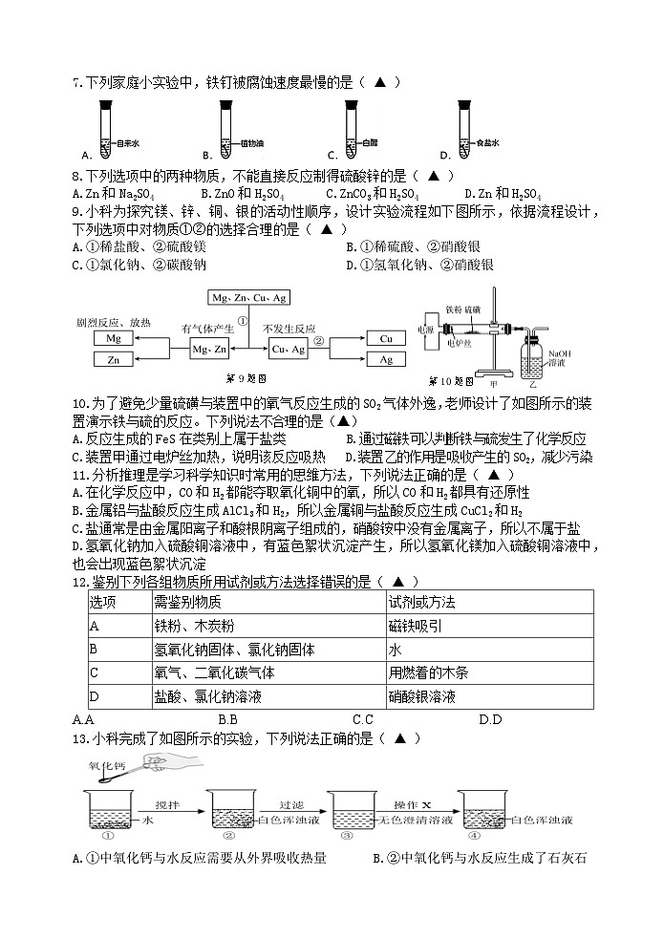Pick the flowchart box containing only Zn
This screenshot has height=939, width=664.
(x=114, y=359)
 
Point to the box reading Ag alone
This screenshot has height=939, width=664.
(x=386, y=360)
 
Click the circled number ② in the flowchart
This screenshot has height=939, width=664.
(x=319, y=340)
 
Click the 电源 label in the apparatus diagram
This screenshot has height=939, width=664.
(x=426, y=329)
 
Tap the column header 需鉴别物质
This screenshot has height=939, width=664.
(x=187, y=603)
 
